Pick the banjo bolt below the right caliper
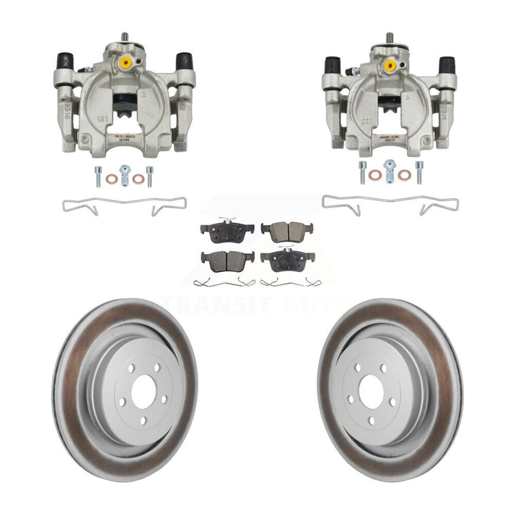coord(389,171)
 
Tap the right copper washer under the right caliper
coord(404,175)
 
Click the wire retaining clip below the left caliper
coord(125,205)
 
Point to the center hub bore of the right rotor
coord(372,390)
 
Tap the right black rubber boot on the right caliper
coord(447,64)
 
